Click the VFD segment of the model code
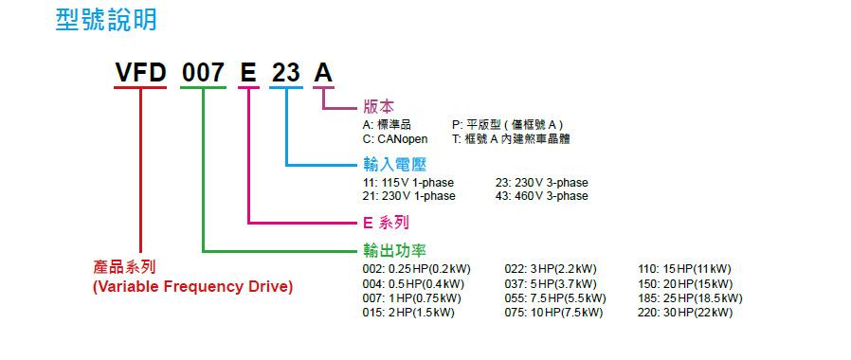pos(140,73)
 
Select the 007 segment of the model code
pos(203,73)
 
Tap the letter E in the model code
pos(248,73)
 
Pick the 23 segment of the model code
pos(286,73)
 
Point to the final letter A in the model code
pos(323,73)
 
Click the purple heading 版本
pos(379,106)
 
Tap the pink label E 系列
pos(386,222)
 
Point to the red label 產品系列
pos(125,267)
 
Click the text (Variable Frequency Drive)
pos(192,287)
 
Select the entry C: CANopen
pos(395,139)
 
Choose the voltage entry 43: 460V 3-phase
pos(542,196)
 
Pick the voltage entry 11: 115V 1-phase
pos(408,182)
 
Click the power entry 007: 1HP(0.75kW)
pos(412,298)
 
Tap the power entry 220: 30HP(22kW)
pos(685,313)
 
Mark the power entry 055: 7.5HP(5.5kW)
pos(555,298)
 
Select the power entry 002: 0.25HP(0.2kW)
pos(416,269)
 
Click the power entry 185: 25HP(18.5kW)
pos(690,298)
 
